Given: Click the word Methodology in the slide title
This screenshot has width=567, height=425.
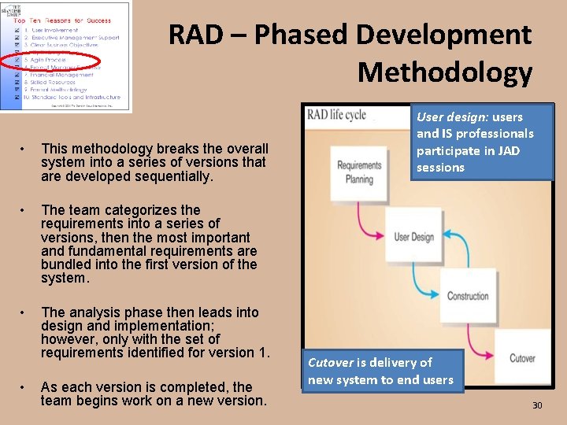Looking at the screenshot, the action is [445, 72].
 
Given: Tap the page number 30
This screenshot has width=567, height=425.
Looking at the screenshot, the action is [537, 405].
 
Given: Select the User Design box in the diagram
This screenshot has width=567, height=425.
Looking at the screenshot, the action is [413, 236].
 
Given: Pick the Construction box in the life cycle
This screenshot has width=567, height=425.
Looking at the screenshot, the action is [468, 296].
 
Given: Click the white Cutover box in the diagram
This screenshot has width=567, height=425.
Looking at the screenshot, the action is [522, 359].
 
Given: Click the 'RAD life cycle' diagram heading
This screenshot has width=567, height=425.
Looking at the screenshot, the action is [336, 115].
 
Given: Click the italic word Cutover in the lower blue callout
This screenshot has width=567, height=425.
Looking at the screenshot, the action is [331, 363].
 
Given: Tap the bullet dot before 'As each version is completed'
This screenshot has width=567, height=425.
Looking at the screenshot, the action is [25, 387].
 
